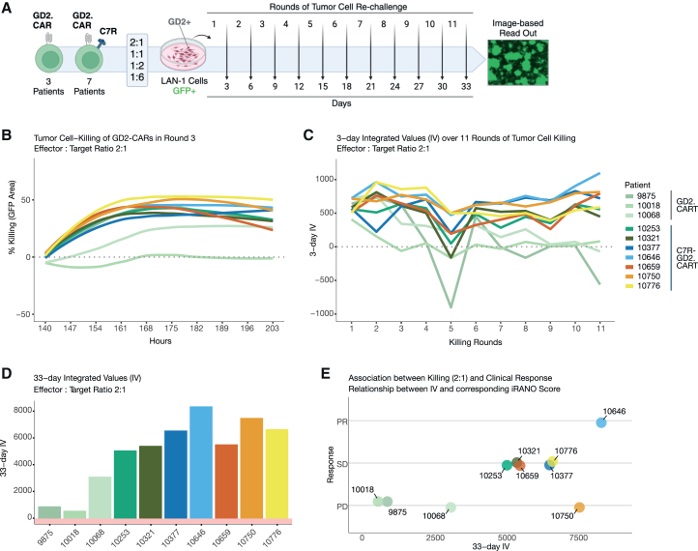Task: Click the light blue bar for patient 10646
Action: [201, 462]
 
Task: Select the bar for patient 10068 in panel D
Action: [100, 498]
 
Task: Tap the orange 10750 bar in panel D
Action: [251, 468]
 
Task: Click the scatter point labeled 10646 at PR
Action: [601, 422]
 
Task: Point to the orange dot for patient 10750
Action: [579, 507]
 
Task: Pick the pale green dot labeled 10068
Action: [451, 507]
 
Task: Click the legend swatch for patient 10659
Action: [628, 267]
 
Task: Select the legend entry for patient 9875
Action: [640, 196]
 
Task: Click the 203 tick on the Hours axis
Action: [272, 328]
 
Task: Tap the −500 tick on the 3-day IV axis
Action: [324, 280]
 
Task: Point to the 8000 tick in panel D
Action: [23, 411]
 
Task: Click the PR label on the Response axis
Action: [342, 421]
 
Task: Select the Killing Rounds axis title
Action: [475, 342]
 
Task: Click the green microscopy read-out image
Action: [518, 62]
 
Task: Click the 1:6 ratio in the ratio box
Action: [137, 77]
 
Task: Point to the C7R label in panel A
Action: [108, 31]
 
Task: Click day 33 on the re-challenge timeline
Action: [466, 86]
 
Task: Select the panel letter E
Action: [326, 373]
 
